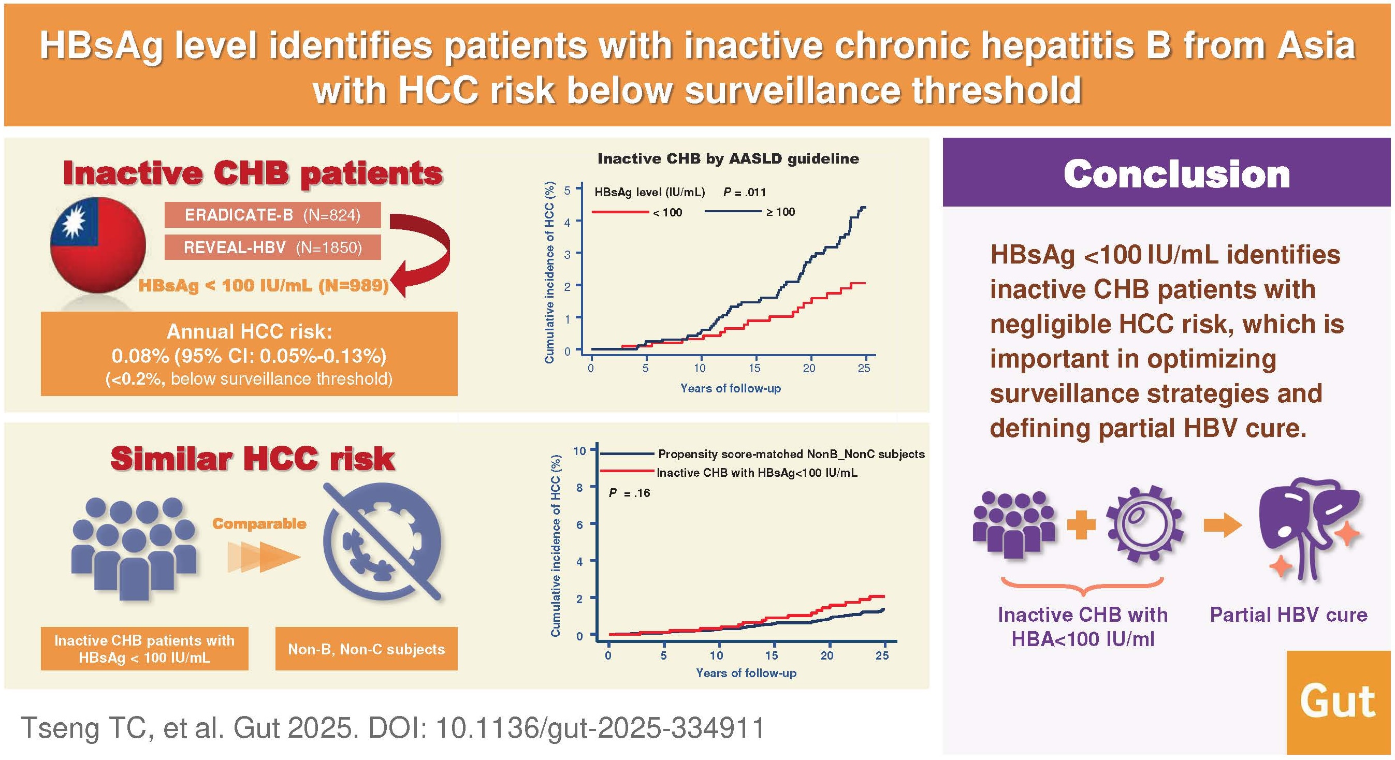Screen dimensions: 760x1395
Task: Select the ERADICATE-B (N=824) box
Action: click(272, 215)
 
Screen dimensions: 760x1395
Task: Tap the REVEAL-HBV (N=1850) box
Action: click(272, 247)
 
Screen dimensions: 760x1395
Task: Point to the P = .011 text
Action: click(745, 192)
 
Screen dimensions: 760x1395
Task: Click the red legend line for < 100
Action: click(620, 212)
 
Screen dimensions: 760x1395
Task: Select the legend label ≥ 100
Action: click(780, 212)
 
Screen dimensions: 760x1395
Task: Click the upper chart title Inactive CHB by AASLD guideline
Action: click(728, 158)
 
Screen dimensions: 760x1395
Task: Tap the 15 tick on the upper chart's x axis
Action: click(754, 368)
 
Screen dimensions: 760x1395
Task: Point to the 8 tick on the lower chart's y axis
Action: click(579, 487)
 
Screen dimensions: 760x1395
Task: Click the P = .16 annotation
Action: click(629, 492)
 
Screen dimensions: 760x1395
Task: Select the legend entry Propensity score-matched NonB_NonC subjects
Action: click(791, 454)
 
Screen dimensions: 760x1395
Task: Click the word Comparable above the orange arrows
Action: click(259, 523)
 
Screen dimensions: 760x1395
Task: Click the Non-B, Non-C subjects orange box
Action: click(366, 649)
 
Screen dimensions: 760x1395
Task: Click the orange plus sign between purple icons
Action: click(1081, 524)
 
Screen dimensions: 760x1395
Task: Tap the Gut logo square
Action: click(1338, 702)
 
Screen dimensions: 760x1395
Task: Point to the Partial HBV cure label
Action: click(1288, 615)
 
